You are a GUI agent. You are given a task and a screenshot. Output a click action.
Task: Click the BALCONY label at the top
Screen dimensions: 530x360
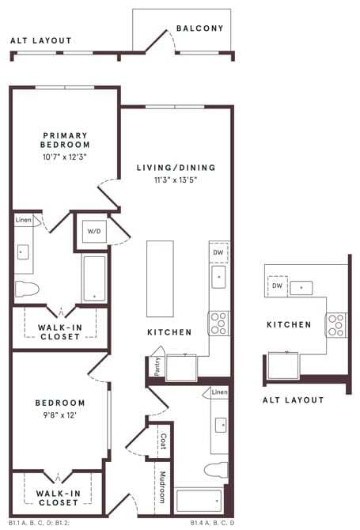click(199, 28)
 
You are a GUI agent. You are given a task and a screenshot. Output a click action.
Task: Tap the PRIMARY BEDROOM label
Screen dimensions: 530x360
click(66, 140)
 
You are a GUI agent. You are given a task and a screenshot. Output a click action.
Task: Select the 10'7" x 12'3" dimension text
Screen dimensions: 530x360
click(66, 157)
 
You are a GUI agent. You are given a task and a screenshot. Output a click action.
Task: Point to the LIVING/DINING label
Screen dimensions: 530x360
click(176, 168)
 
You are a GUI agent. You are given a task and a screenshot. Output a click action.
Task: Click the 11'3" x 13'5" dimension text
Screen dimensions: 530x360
click(176, 180)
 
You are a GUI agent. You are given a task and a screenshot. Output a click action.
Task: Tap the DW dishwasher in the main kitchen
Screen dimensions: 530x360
click(218, 252)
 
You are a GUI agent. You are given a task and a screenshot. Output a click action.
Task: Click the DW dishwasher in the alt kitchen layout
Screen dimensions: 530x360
click(277, 286)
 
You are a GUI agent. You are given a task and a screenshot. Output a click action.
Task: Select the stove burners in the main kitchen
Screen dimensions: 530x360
click(218, 323)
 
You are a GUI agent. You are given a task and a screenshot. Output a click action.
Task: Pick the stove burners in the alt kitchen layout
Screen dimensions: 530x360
click(336, 324)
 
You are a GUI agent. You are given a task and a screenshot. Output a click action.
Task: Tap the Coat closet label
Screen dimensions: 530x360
click(162, 439)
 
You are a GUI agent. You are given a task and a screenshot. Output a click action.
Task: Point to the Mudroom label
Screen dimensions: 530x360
click(163, 488)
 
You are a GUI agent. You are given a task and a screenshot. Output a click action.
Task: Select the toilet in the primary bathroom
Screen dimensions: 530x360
click(26, 288)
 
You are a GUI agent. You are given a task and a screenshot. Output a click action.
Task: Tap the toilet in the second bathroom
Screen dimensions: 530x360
click(216, 470)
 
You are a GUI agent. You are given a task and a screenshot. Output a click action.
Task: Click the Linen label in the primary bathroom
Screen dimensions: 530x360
click(23, 220)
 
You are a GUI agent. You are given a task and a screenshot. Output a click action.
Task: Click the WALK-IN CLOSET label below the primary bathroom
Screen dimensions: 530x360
click(59, 331)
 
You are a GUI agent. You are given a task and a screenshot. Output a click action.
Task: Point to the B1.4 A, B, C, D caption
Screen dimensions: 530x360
click(214, 523)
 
